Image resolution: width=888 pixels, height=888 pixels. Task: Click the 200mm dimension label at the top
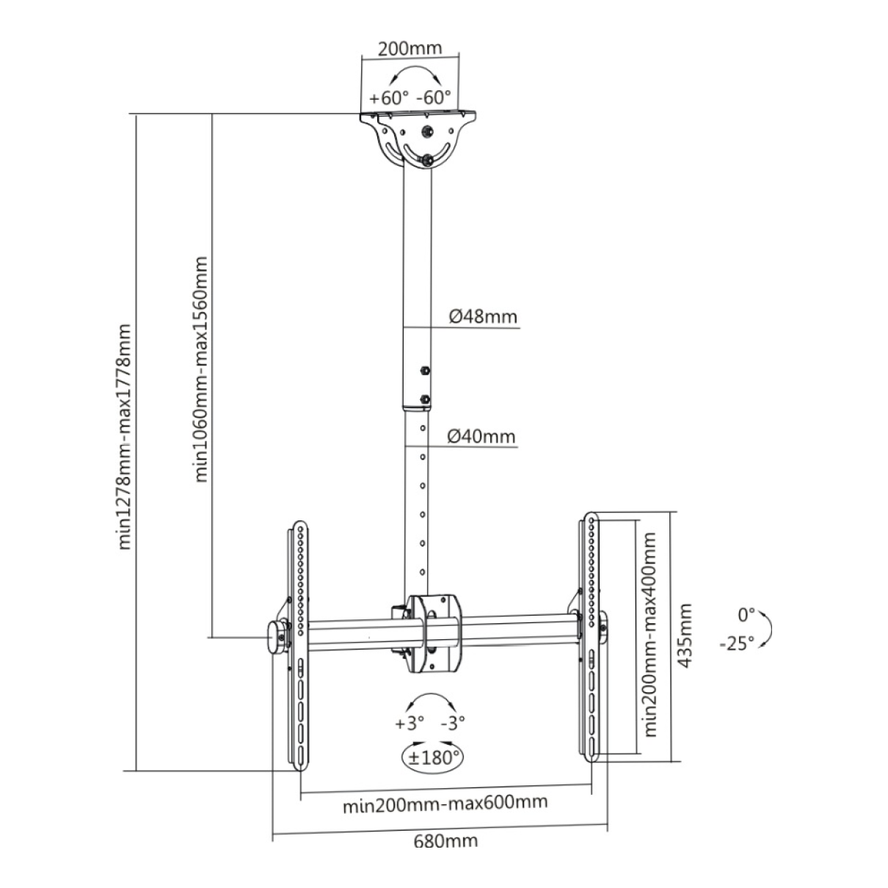(x=410, y=49)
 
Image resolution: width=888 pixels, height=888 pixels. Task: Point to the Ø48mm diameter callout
(x=482, y=316)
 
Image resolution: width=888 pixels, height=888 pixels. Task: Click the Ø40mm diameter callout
(x=481, y=436)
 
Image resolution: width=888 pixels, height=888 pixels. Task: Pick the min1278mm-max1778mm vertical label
(x=125, y=436)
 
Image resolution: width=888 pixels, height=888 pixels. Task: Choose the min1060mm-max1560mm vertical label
(x=201, y=368)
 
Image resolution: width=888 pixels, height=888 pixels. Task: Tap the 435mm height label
(x=685, y=636)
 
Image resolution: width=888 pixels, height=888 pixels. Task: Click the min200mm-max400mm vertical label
(x=650, y=635)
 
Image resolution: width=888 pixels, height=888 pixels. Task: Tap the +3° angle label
(x=410, y=723)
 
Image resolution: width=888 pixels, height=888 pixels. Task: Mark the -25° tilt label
(x=736, y=644)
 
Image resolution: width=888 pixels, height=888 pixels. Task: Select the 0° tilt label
(x=746, y=614)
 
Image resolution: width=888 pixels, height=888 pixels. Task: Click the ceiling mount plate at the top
(x=418, y=117)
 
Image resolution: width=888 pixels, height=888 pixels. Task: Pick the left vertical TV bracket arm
(x=301, y=646)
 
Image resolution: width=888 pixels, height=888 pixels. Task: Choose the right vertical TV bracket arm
(x=592, y=638)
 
